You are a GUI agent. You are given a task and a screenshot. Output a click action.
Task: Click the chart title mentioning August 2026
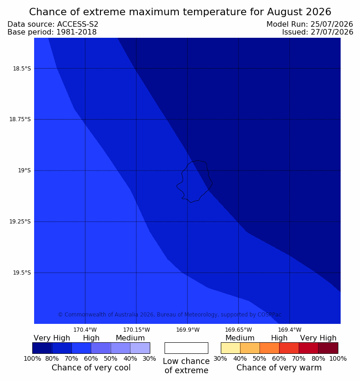(180, 12)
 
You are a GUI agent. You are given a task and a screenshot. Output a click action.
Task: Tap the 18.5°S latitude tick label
(22, 69)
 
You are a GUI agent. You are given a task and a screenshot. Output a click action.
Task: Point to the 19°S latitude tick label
(24, 170)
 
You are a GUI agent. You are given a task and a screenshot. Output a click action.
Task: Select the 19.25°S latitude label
(20, 222)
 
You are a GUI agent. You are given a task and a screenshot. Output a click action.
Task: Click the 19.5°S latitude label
(22, 273)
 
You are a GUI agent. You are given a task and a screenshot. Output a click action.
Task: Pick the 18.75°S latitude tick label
(20, 119)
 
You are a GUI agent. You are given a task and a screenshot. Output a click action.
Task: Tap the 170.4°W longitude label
(85, 330)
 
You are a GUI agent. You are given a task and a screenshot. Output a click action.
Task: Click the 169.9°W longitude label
(188, 330)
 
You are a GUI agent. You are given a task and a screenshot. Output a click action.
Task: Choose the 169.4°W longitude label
(290, 330)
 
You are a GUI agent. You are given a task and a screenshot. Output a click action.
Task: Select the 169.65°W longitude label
(238, 330)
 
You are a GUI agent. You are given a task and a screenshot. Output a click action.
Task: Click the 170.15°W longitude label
(136, 330)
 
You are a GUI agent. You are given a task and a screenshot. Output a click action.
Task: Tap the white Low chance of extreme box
(186, 348)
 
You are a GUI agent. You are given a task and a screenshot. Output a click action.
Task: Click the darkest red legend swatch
(328, 348)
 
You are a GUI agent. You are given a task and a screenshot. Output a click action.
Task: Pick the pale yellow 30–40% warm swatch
(230, 348)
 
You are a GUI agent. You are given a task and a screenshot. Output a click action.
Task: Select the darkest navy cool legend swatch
(42, 348)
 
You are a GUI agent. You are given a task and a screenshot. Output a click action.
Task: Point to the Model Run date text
(310, 24)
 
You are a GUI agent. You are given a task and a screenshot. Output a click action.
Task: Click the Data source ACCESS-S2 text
(53, 24)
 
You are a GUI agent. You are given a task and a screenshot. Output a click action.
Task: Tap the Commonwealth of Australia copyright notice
(170, 314)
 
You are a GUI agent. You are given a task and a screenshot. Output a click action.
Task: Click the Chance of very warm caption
(279, 368)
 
